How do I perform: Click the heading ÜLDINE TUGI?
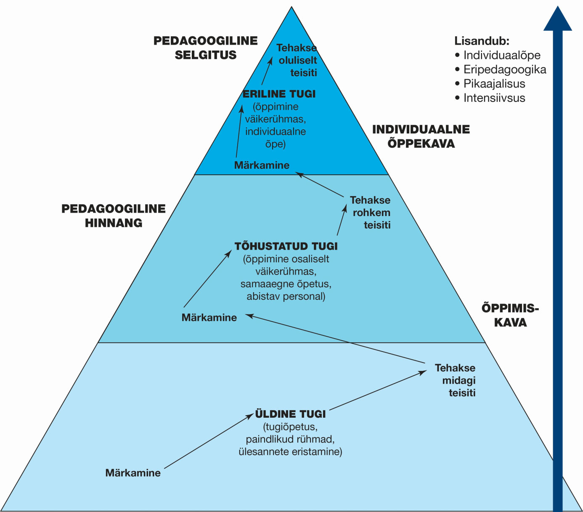pos(290,414)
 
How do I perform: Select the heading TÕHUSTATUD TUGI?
pos(286,246)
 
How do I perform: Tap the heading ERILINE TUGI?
pos(279,94)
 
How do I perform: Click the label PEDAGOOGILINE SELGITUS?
pos(205,48)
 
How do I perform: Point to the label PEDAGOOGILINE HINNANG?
pos(114,216)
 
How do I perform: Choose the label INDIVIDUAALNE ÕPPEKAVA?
pos(421,136)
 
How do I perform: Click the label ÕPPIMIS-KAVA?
pos(510,315)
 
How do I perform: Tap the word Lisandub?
pos(482,41)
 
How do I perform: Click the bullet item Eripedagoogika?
pos(504,69)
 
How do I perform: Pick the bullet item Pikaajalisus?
pos(494,84)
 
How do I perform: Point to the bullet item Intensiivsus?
pos(494,98)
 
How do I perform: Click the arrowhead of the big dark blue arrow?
pos(557,19)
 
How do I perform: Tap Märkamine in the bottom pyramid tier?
pos(133,473)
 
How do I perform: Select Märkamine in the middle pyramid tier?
pos(209,317)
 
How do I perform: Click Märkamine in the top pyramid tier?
pos(262,165)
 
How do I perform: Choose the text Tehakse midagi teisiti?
pos(457,380)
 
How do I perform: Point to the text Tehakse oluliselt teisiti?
pos(297,60)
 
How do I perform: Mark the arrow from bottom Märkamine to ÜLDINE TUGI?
pos(209,441)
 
